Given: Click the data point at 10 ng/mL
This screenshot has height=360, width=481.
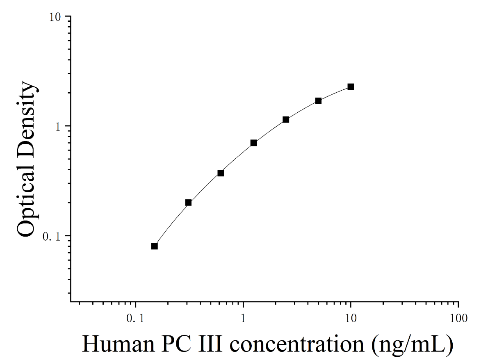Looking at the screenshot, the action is (x=351, y=87).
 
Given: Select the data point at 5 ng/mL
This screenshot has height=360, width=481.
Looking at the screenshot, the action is (x=319, y=100).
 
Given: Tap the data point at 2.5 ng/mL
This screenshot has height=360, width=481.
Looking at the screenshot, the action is (x=286, y=119).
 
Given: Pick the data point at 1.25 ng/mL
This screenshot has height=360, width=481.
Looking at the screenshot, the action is (x=254, y=143).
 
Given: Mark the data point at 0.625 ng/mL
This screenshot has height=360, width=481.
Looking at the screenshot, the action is (x=221, y=173).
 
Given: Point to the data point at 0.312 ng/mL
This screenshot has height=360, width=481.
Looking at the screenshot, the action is (x=188, y=203).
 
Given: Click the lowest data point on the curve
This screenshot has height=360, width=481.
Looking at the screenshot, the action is (x=155, y=246).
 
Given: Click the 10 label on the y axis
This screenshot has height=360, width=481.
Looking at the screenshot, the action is (x=55, y=17).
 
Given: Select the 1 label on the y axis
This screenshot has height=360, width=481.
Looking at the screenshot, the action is (x=58, y=126).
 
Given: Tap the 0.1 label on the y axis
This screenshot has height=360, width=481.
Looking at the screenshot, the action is (x=52, y=237).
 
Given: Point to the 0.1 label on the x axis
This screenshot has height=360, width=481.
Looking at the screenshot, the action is (x=135, y=318).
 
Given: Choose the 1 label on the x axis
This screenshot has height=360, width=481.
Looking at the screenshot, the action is (x=243, y=318).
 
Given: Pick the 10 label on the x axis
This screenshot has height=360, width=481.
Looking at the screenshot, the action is (x=351, y=318).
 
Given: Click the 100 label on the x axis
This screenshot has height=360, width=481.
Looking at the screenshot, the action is (x=459, y=318).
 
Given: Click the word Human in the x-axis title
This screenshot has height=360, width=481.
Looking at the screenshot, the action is (x=119, y=344).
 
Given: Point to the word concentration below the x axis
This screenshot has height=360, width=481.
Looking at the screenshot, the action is (x=297, y=344).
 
